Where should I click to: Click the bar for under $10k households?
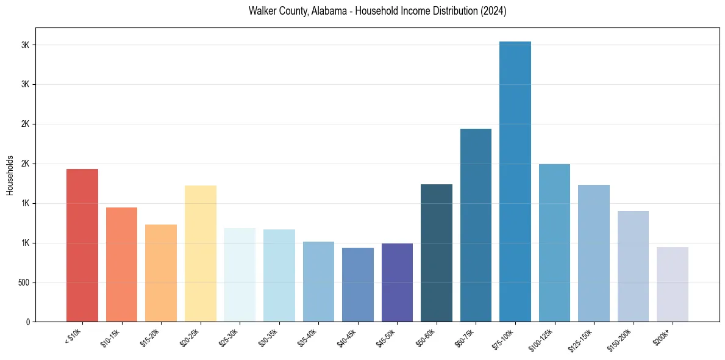click(82, 245)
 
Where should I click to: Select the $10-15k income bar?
click(121, 264)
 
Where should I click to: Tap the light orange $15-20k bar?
click(161, 273)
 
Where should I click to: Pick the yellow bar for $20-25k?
click(201, 253)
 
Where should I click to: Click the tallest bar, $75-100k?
click(515, 181)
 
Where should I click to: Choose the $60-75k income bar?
click(476, 225)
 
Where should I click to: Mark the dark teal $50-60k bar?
click(437, 253)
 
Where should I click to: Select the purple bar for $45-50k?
click(397, 283)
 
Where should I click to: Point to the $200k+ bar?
click(673, 284)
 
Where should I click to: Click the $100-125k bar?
click(554, 243)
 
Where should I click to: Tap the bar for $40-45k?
click(358, 284)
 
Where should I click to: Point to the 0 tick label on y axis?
click(28, 322)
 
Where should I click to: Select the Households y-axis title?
click(10, 175)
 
